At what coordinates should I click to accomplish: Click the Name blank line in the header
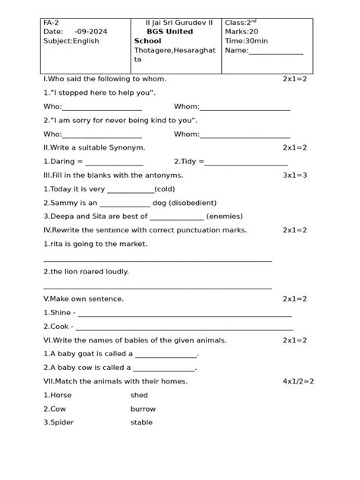[275, 52]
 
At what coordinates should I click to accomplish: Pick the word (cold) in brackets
[165, 189]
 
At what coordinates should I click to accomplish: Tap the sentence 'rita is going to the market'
[95, 244]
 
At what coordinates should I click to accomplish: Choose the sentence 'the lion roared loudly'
[86, 271]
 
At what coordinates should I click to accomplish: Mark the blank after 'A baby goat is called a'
[166, 355]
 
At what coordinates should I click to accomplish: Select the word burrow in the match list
[142, 409]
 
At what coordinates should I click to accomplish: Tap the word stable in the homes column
[141, 422]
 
